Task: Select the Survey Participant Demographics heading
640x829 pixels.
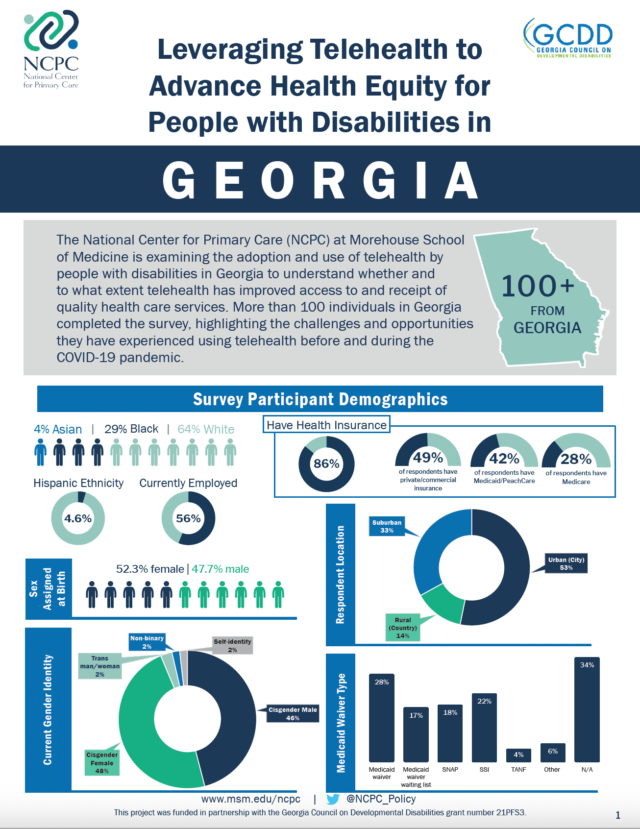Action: [320, 399]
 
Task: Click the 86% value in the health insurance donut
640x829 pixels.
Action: [327, 464]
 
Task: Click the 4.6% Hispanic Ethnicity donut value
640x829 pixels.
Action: [78, 520]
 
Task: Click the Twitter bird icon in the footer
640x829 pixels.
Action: [330, 799]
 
